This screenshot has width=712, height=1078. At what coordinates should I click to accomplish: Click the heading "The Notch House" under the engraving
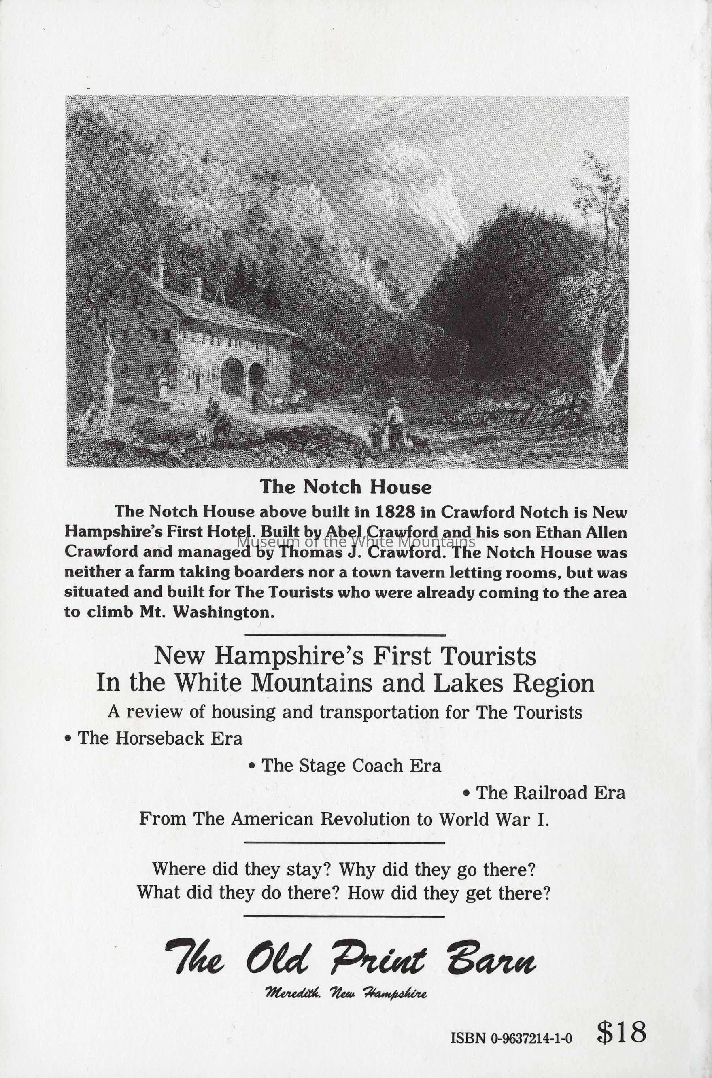pos(346,487)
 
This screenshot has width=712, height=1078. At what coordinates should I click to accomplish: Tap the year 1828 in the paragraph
pos(395,512)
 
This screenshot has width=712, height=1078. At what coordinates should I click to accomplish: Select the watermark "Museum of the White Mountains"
pos(357,541)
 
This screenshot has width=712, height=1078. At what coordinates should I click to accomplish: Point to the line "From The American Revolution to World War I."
pos(344,819)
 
